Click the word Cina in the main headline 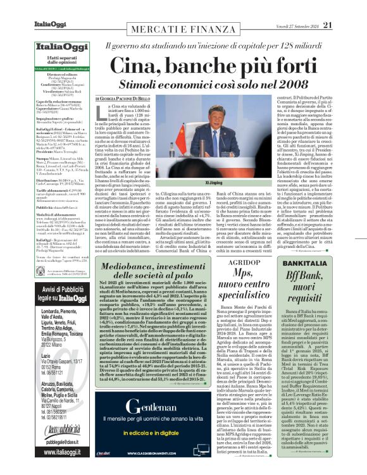[135, 65]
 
